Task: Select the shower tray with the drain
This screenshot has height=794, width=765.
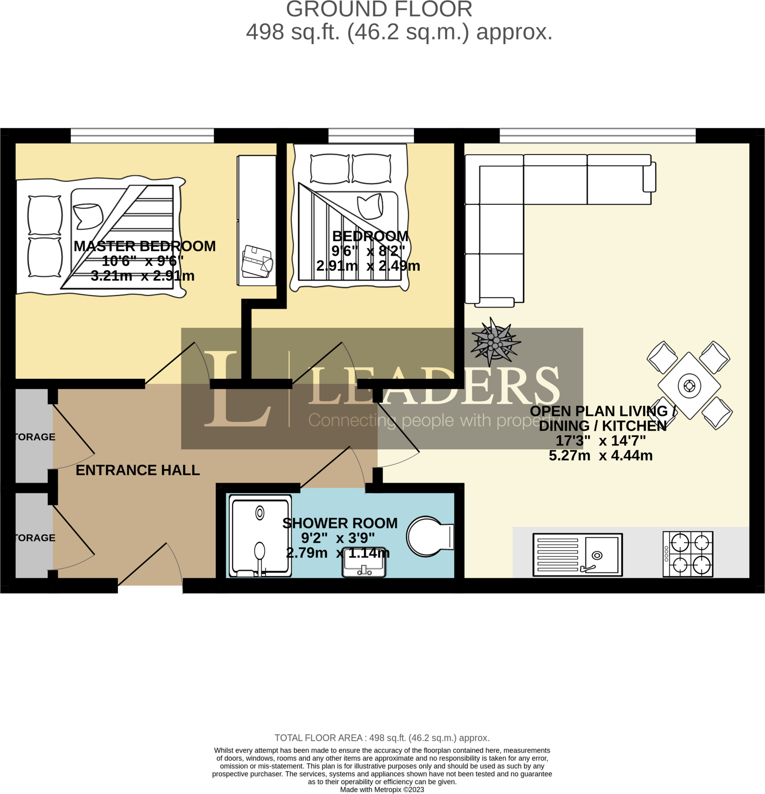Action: click(x=260, y=535)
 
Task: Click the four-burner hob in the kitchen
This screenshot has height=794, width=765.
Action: click(x=687, y=554)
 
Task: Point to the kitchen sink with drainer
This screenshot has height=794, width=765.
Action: click(x=577, y=554)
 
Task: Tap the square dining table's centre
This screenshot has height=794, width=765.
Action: click(x=689, y=385)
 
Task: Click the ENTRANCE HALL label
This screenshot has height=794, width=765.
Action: click(x=138, y=470)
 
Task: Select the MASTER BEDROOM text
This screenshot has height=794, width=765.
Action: click(x=145, y=246)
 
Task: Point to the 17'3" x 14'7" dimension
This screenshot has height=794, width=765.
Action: click(x=600, y=441)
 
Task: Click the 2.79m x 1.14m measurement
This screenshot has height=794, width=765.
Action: click(x=338, y=553)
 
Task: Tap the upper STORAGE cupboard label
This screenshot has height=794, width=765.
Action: click(x=34, y=437)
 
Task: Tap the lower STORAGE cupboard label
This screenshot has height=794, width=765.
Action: click(x=34, y=538)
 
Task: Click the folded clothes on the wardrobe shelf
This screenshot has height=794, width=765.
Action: click(x=257, y=261)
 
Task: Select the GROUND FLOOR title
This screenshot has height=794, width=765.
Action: click(x=379, y=10)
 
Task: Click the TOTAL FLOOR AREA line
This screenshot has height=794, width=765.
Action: click(x=382, y=738)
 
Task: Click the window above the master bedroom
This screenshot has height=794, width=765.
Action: click(x=142, y=135)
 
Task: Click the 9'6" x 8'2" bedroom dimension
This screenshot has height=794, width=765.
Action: click(x=368, y=251)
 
